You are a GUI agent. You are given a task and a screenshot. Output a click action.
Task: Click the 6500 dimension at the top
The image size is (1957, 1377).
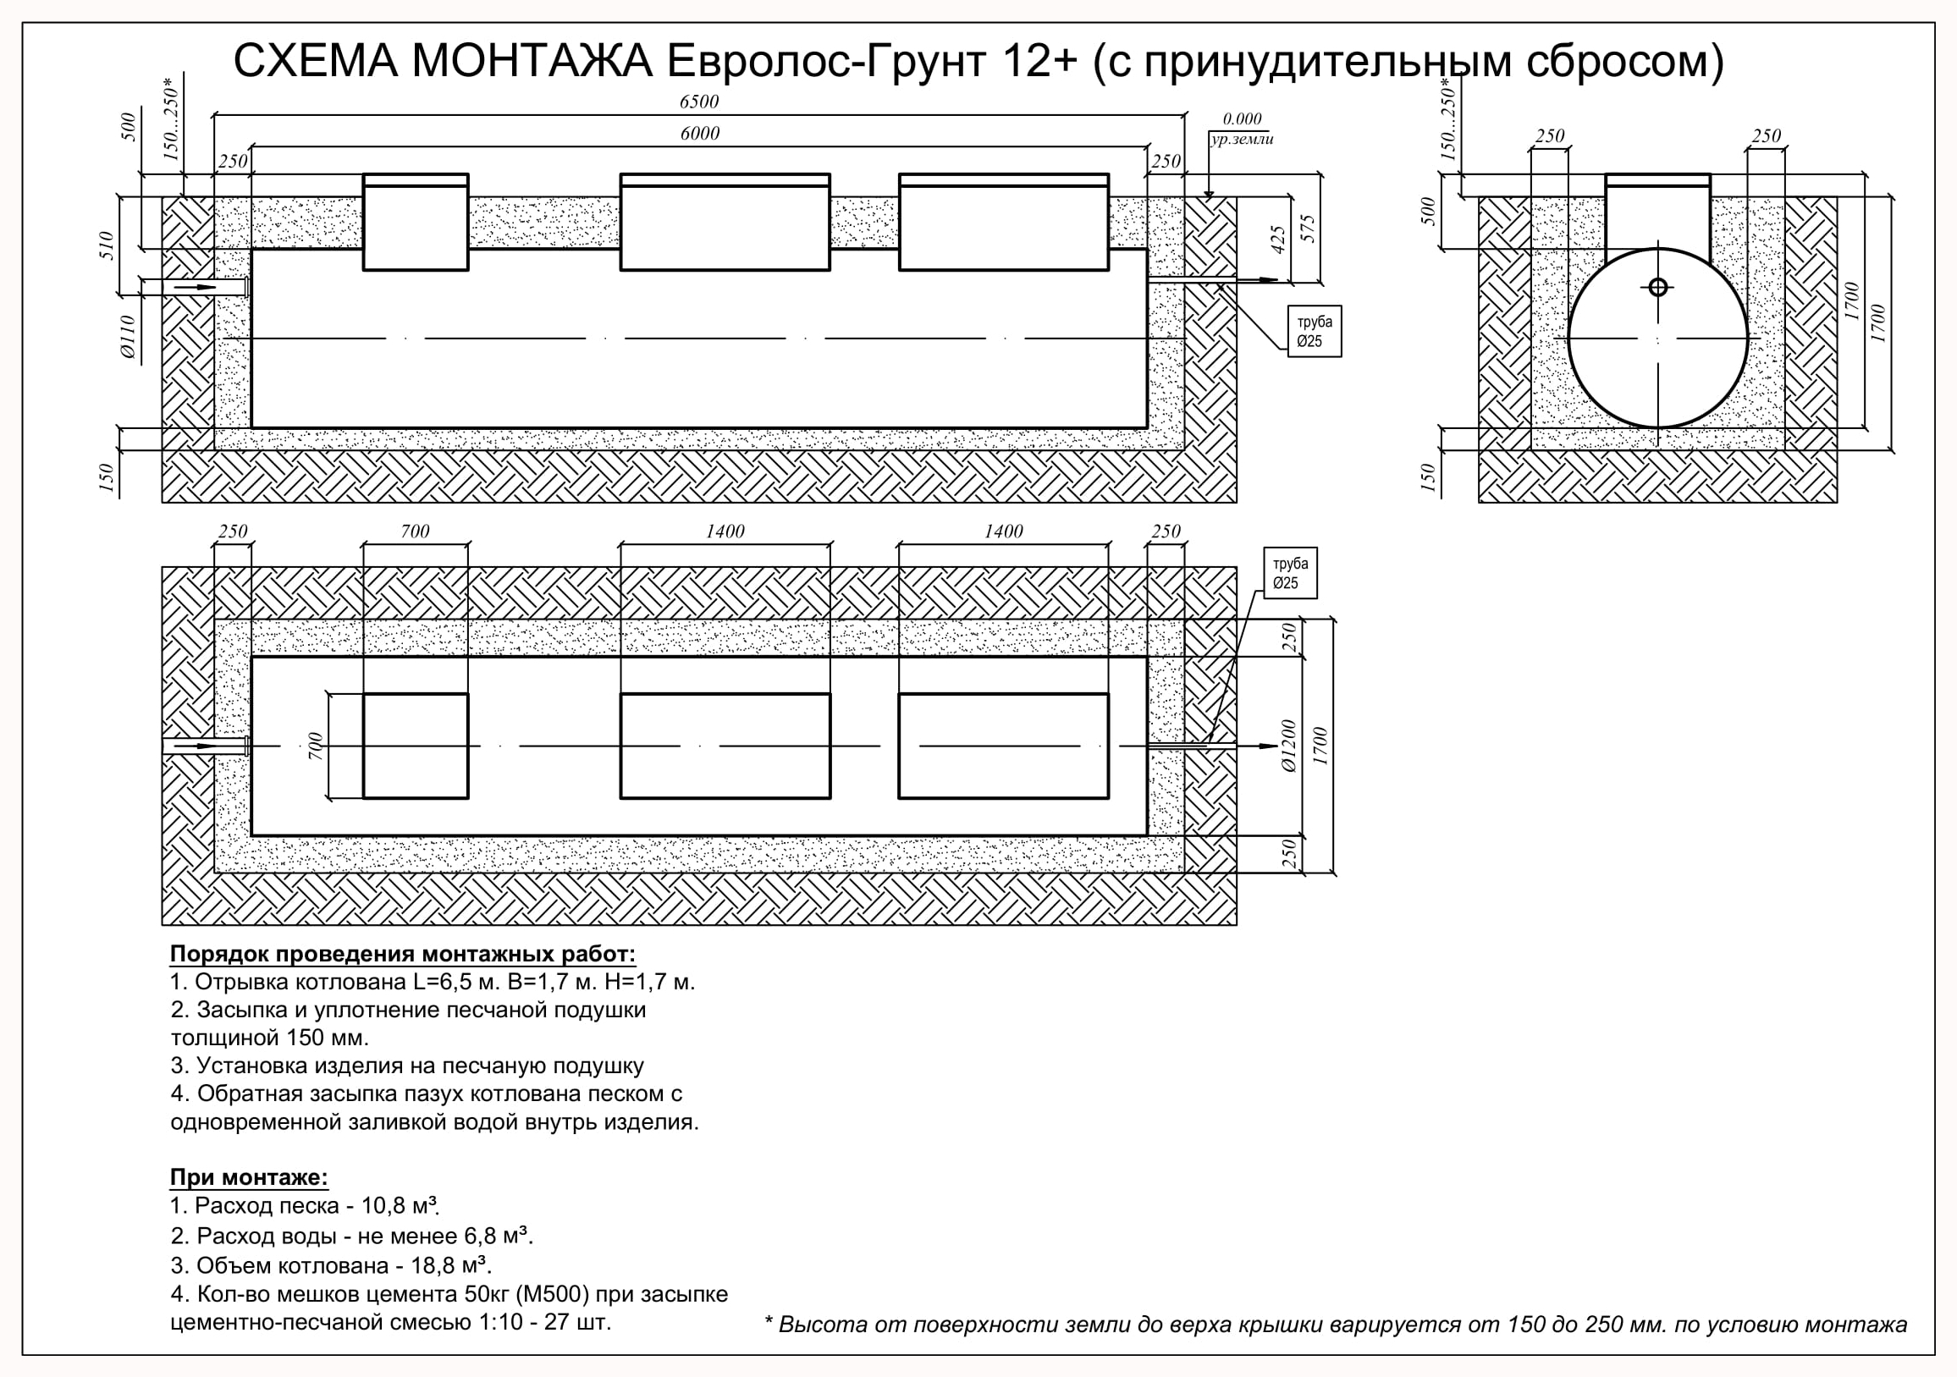coord(699,102)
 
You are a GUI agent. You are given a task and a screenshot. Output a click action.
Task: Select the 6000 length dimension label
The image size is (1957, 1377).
coord(700,134)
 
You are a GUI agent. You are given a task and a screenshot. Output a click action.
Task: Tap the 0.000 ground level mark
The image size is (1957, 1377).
coord(1242,119)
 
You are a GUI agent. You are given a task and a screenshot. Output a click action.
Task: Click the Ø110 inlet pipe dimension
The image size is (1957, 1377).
coord(128,337)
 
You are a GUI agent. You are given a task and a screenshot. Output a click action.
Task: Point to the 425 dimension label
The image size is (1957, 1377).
coord(1277,240)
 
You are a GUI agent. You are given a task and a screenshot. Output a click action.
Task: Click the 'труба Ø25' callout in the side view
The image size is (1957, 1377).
coord(1315,332)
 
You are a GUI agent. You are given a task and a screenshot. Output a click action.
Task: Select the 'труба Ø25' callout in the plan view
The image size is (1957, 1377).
coord(1291,574)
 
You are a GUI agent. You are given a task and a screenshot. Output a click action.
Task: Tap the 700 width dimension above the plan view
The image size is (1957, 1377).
coord(415,532)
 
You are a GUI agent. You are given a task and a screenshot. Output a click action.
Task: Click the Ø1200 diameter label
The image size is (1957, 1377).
coord(1288,746)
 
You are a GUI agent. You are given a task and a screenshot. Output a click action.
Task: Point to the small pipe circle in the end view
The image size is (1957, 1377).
coord(1658,287)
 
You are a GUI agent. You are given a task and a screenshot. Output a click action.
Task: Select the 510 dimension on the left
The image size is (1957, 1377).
coord(107,246)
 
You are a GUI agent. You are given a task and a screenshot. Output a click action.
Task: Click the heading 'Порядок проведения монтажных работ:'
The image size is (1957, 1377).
coord(403,954)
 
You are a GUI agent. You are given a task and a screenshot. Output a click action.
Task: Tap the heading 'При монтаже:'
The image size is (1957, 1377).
coord(249,1177)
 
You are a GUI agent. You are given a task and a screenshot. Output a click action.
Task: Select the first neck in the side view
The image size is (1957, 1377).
coord(416,223)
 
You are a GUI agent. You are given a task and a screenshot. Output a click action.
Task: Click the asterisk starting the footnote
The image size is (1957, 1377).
coord(769,1321)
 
